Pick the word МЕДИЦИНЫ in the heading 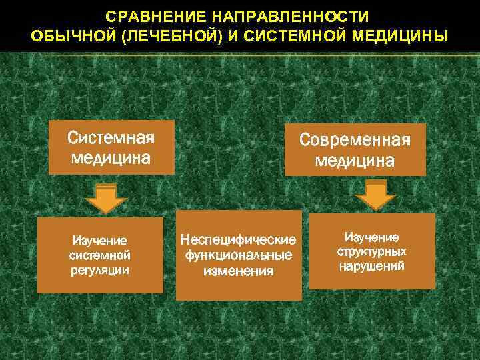pos(402,35)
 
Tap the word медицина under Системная pos(111,159)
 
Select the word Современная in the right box pos(355,141)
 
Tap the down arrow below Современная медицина pos(376,195)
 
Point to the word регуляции pos(100,270)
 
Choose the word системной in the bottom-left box pos(100,255)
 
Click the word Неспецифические pos(239,239)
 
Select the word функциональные pos(239,255)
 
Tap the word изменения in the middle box pos(239,271)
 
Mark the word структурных pos(372,252)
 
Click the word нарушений pos(372,267)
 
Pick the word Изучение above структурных pos(372,237)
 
